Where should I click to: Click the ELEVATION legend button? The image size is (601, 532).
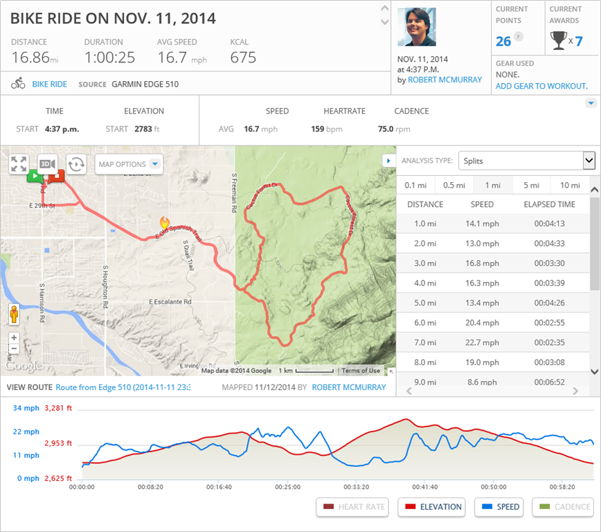(431, 507)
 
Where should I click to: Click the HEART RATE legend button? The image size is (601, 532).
(353, 507)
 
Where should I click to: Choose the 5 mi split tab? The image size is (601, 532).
(531, 185)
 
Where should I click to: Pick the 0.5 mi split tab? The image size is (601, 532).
(454, 185)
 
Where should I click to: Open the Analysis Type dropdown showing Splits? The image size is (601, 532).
(526, 161)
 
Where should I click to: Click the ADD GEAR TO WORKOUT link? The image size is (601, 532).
(541, 86)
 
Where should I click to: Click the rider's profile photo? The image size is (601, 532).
(417, 27)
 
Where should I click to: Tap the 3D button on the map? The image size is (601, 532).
(47, 163)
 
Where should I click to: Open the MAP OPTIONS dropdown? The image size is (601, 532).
(129, 164)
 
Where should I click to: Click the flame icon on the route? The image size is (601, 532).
(165, 223)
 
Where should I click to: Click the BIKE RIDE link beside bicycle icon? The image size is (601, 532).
(50, 84)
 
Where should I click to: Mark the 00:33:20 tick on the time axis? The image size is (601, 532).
(356, 487)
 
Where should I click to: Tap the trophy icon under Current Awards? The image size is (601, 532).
(558, 41)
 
